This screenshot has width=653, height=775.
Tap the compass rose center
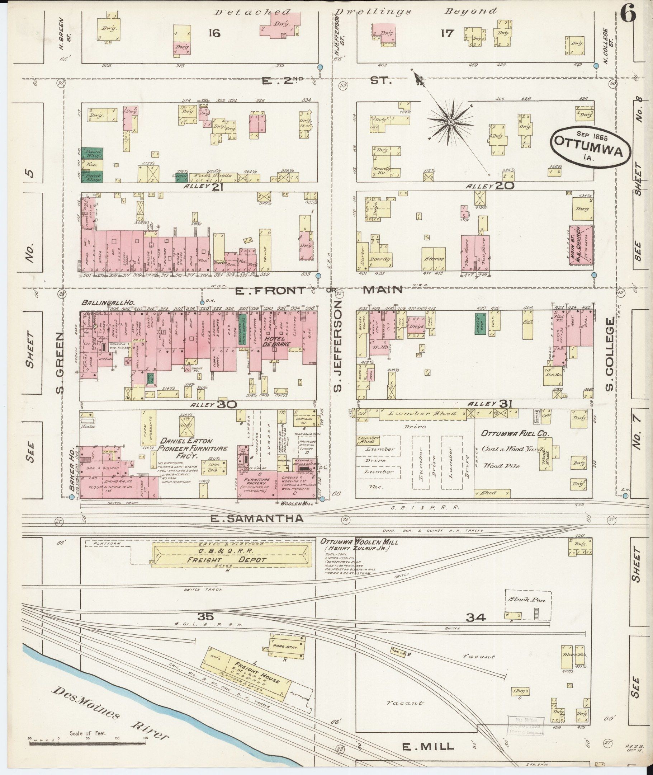coord(451,122)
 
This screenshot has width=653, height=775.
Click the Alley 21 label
coord(200,187)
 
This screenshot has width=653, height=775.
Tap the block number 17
coord(447,34)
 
